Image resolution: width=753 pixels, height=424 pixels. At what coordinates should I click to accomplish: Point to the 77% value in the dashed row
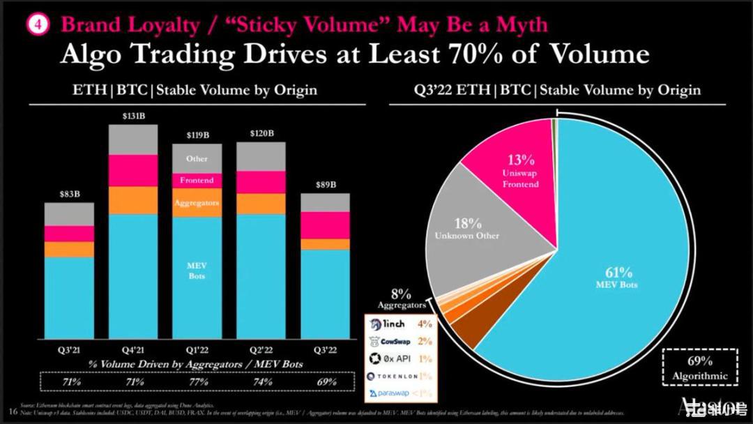tap(197, 382)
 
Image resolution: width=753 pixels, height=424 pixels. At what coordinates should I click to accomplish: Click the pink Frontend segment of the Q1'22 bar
tap(197, 181)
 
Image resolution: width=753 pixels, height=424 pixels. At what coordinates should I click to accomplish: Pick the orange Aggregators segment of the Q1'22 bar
tap(197, 203)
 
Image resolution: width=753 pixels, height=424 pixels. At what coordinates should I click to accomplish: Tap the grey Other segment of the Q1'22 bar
tap(197, 159)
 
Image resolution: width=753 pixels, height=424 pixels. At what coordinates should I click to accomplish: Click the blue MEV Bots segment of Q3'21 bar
tap(70, 296)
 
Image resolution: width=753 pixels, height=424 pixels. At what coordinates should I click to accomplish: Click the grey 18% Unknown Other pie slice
tap(467, 230)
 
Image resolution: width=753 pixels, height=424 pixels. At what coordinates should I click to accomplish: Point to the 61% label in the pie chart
tap(618, 273)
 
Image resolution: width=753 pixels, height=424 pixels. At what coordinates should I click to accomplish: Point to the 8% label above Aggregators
tap(400, 294)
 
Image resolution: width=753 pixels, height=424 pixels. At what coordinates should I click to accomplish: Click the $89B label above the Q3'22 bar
tap(325, 185)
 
